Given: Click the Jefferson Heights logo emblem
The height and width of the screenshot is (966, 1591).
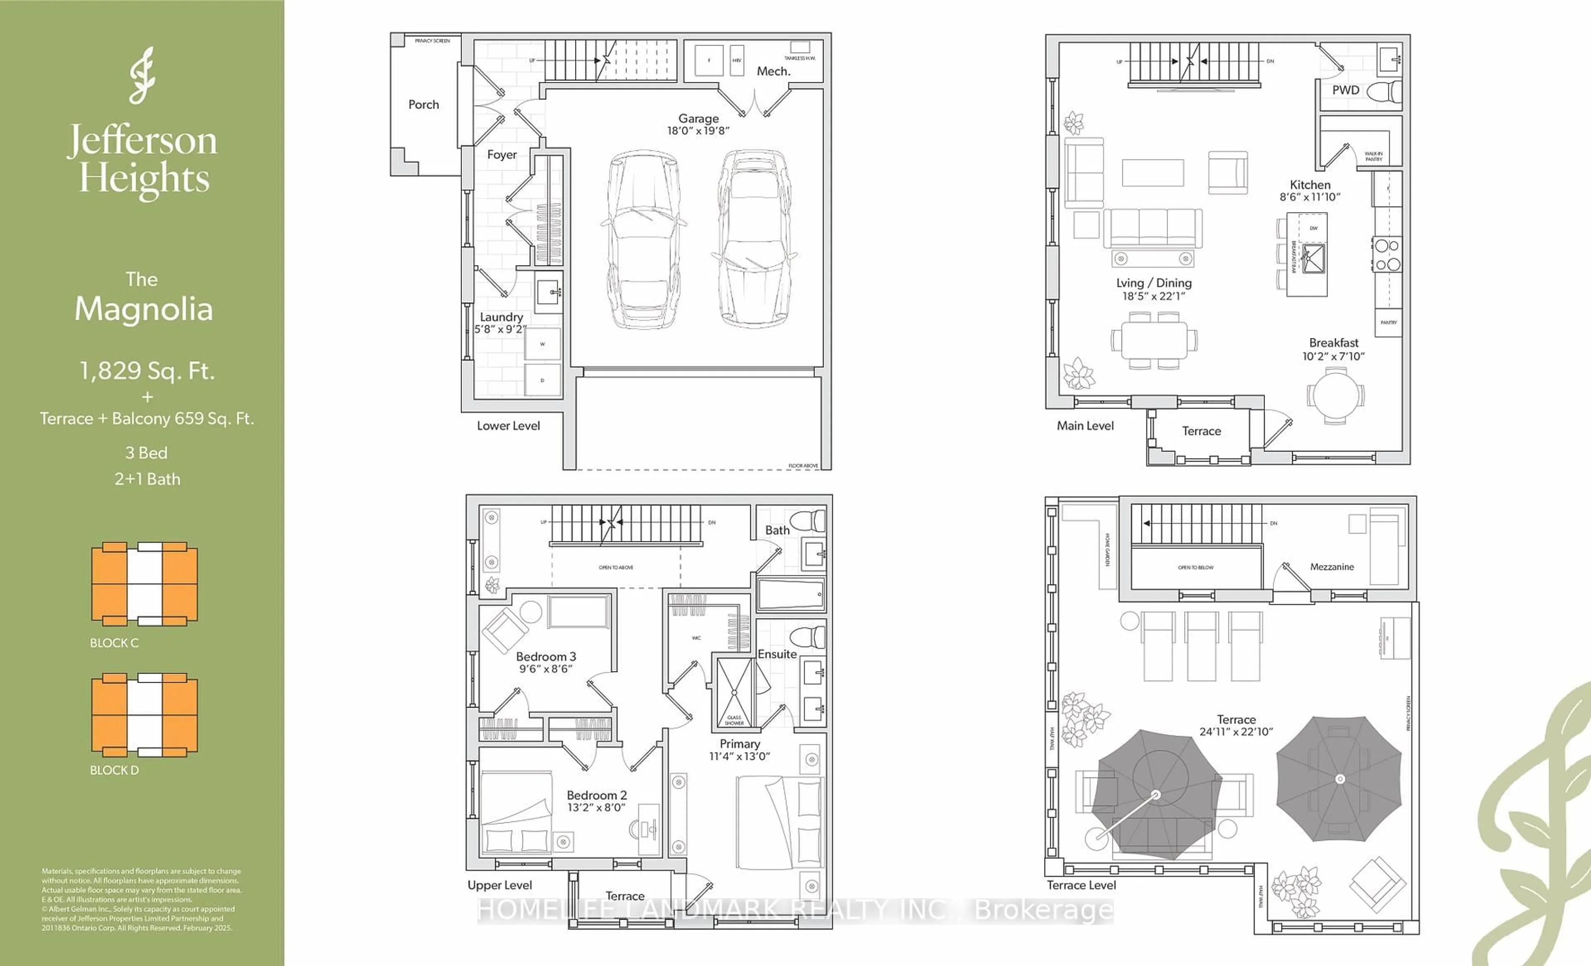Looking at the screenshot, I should click(143, 75).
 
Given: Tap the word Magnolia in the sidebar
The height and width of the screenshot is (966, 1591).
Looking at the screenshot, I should click(143, 309).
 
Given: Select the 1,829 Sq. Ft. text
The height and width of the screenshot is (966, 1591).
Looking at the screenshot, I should click(147, 371).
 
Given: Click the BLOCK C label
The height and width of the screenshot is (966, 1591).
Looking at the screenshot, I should click(114, 642).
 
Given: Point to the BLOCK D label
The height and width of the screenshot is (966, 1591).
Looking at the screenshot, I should click(114, 770).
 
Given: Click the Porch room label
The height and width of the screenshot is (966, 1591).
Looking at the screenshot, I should click(423, 105).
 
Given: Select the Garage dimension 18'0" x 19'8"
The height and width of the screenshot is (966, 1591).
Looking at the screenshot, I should click(698, 130).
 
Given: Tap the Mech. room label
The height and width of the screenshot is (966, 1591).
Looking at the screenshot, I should click(773, 71).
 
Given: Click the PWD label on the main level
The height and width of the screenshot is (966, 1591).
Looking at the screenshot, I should click(1346, 90).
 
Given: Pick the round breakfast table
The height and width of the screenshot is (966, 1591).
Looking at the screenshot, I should click(1335, 395).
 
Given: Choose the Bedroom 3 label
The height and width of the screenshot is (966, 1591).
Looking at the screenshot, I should click(546, 656).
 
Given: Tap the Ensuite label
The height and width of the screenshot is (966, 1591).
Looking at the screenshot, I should click(777, 654).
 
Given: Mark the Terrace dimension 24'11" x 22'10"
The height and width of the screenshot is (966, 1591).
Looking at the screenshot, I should click(1236, 732).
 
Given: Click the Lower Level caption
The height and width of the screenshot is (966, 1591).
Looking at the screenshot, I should click(508, 425).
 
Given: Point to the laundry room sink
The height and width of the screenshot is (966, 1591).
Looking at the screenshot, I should click(549, 292).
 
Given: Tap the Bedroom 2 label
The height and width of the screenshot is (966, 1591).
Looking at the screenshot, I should click(597, 795).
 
